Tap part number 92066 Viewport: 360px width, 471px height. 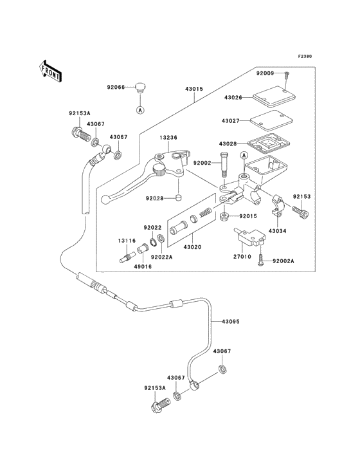coord(116,88)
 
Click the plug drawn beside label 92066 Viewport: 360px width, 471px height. coord(139,88)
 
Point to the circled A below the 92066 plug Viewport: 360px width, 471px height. coord(139,110)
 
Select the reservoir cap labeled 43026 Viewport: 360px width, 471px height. coord(274,97)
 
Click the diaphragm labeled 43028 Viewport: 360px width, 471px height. coord(267,144)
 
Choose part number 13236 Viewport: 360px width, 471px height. coord(168,138)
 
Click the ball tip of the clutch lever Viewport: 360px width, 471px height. coord(105,199)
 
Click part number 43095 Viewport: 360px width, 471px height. coord(230,322)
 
